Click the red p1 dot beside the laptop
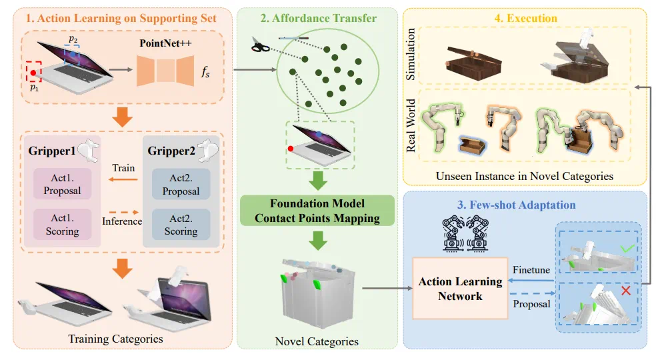33,73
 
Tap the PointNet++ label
165,43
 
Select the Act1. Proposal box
62,184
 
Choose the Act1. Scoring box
62,225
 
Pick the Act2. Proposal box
181,184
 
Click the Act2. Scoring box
181,225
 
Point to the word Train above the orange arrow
123,168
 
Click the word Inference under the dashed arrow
122,221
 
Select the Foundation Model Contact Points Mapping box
317,211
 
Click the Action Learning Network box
460,289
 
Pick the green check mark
628,248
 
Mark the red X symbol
626,290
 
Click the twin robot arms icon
465,233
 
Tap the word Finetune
531,270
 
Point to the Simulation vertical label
410,54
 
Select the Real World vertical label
411,126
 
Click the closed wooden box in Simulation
473,63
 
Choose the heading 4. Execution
525,18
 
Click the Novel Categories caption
317,341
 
